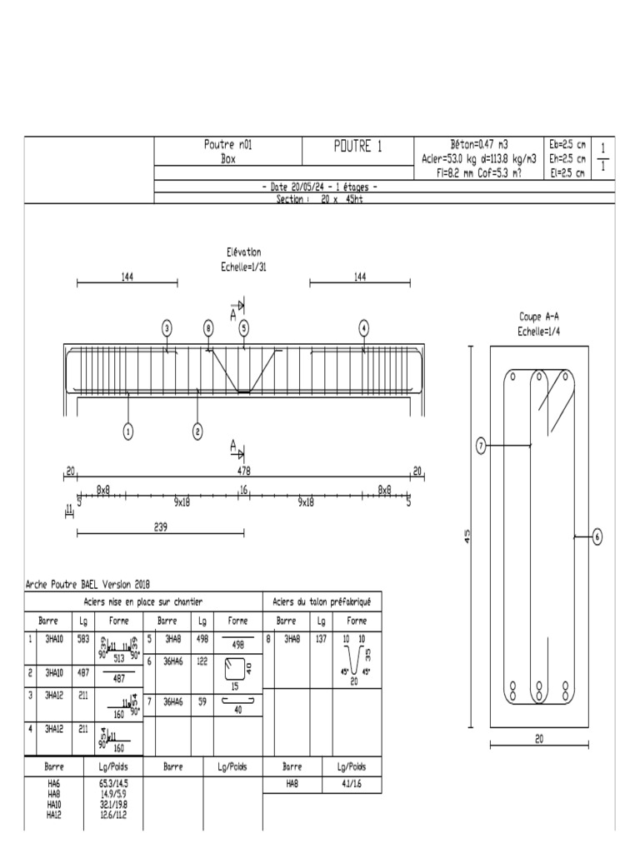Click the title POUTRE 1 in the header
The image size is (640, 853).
(x=357, y=147)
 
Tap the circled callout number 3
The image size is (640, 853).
(x=167, y=328)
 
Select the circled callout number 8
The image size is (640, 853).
(x=208, y=328)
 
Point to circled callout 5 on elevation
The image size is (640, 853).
(x=244, y=328)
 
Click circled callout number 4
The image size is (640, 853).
(x=363, y=328)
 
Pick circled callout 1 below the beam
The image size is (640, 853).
(x=127, y=431)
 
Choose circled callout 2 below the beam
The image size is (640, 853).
(x=197, y=431)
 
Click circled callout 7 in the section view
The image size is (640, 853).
(x=481, y=446)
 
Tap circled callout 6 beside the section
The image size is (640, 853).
(x=597, y=537)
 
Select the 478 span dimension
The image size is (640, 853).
(x=244, y=471)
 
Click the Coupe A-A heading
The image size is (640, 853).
(x=538, y=317)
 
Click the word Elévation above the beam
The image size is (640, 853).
(x=243, y=252)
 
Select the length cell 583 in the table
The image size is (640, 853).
(x=83, y=639)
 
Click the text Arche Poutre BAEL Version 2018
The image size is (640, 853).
(x=88, y=585)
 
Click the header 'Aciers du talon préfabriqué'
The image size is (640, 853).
(x=322, y=601)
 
